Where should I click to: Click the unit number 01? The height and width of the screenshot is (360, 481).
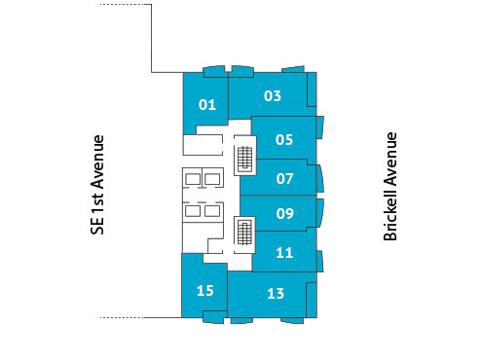point(206,105)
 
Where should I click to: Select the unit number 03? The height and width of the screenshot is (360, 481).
point(273,95)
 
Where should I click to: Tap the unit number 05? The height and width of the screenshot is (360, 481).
point(284,139)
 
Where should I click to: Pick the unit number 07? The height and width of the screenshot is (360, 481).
point(285,178)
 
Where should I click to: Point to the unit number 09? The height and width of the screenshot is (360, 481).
point(285,214)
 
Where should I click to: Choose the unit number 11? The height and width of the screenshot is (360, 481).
point(284,253)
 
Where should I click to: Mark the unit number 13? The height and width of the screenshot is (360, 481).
point(275,293)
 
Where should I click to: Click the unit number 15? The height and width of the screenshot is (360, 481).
point(204,290)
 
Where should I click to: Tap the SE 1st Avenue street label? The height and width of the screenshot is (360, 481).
point(96,184)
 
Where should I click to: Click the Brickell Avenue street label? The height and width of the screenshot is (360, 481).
point(390,186)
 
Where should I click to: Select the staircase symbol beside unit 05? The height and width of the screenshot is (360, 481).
point(244,158)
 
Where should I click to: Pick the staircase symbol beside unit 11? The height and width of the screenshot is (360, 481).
point(244,233)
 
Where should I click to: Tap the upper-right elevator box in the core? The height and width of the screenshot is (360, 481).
point(211,178)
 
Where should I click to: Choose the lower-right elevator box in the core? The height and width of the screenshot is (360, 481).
point(211,210)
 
